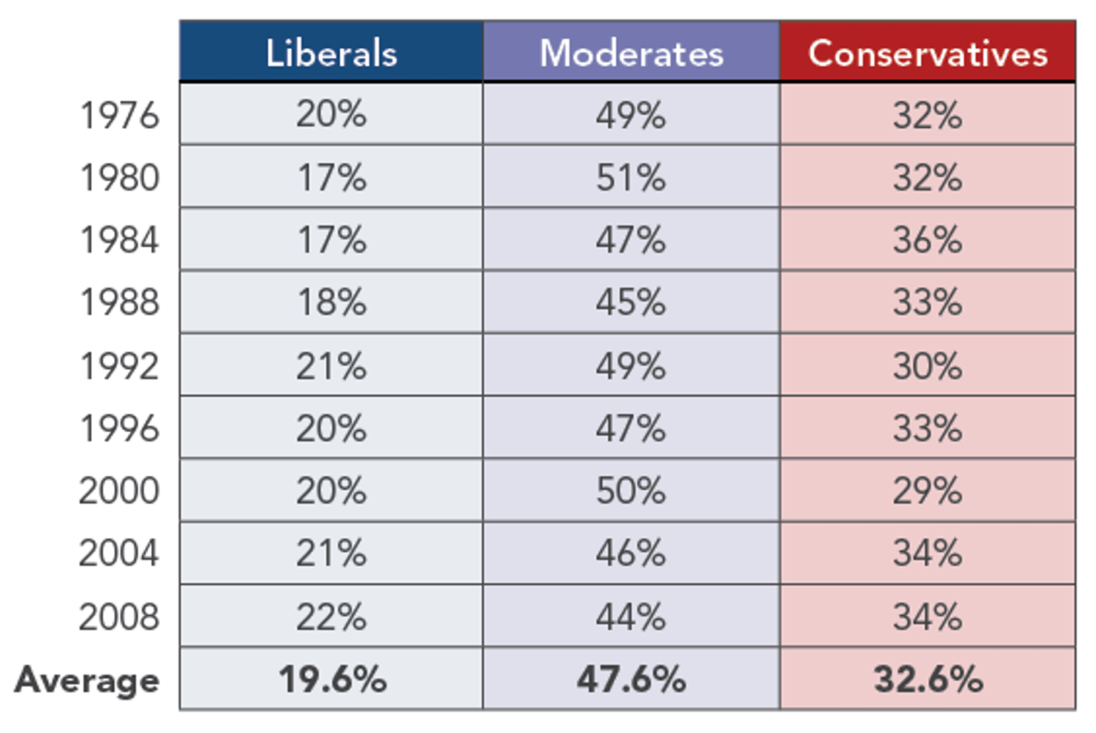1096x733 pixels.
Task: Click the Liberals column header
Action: (x=331, y=53)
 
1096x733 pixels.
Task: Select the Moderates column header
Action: (x=631, y=53)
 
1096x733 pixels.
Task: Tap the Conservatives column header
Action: (x=927, y=53)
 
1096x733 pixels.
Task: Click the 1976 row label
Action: (x=119, y=116)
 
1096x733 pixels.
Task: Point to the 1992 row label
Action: (x=119, y=366)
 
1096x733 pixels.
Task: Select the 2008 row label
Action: (x=119, y=617)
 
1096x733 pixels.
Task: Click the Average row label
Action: (x=87, y=680)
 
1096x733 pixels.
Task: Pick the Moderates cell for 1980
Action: (x=631, y=178)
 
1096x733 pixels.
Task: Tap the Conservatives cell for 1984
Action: (x=927, y=240)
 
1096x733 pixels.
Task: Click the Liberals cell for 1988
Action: (x=331, y=302)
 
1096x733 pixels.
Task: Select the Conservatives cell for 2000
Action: (x=927, y=491)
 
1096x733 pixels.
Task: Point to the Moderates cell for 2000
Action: (x=631, y=491)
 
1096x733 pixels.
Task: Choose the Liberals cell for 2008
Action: (x=331, y=617)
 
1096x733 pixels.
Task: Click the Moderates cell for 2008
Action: (x=631, y=617)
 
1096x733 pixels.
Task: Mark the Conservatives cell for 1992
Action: (x=927, y=366)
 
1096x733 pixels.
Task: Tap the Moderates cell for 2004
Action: (x=631, y=554)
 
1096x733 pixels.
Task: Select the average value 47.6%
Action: (x=631, y=680)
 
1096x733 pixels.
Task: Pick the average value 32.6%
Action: (x=928, y=680)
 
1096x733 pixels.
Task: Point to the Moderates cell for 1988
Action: (x=631, y=302)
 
